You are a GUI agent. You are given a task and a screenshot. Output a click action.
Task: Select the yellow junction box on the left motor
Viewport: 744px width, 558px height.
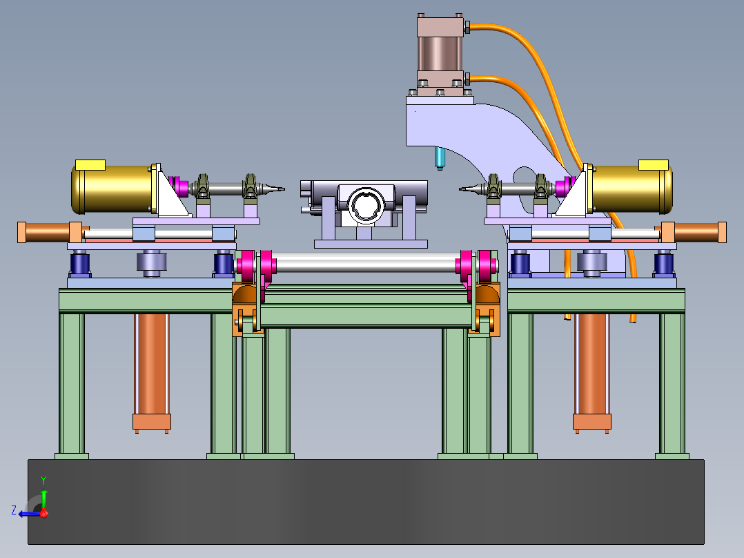[x=90, y=165]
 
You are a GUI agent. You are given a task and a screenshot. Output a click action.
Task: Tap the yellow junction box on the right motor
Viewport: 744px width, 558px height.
[x=654, y=165]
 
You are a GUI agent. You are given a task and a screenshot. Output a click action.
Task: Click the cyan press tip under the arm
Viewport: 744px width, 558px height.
[x=440, y=158]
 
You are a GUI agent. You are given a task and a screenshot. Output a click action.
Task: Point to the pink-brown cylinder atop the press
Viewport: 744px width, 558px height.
[x=440, y=53]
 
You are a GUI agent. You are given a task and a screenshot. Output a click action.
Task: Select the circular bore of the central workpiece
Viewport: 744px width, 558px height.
[x=365, y=205]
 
